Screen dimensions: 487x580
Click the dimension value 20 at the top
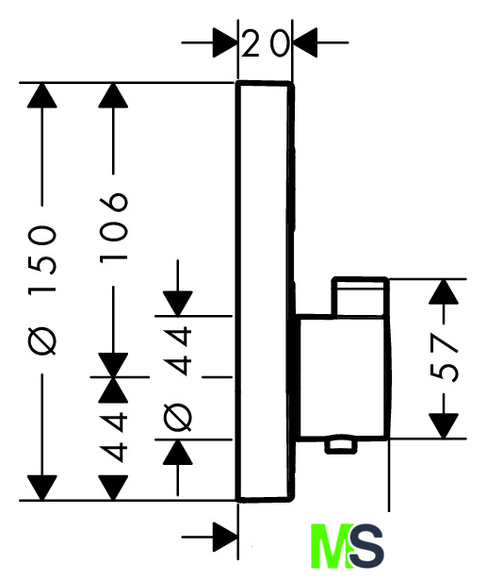click(x=265, y=43)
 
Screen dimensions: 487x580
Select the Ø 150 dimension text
click(x=42, y=290)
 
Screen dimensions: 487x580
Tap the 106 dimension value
click(x=113, y=227)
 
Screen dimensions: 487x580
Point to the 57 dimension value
click(x=444, y=357)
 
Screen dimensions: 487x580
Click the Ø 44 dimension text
click(x=178, y=378)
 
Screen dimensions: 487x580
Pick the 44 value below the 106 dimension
click(x=113, y=439)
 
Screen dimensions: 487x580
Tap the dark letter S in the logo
click(x=366, y=546)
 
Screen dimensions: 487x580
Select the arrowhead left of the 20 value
click(x=224, y=42)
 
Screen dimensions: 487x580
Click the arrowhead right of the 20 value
click(x=305, y=42)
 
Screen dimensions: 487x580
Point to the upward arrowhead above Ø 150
click(x=42, y=95)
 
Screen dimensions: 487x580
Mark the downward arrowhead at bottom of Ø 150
click(x=42, y=488)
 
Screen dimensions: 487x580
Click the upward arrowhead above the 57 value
click(x=444, y=291)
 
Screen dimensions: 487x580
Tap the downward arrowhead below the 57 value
click(x=444, y=425)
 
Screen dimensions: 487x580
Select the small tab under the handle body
click(x=341, y=447)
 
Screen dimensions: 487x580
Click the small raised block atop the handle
click(x=360, y=297)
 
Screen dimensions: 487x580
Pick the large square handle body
click(x=343, y=377)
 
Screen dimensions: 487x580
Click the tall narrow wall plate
click(x=265, y=291)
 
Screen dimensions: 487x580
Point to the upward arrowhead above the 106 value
click(x=113, y=95)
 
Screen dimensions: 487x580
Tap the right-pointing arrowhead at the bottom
click(x=224, y=538)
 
